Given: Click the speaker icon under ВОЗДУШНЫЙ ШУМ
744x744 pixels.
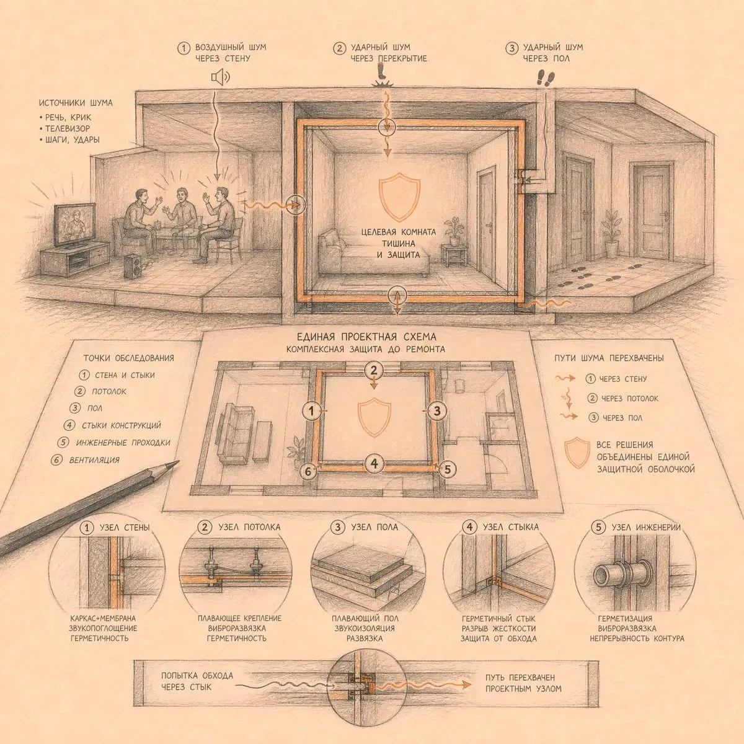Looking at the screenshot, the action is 221,77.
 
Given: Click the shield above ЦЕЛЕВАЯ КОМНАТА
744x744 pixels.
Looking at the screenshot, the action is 399,197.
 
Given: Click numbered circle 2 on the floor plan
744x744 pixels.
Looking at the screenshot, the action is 373,370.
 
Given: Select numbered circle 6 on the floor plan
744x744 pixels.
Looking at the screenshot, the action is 308,471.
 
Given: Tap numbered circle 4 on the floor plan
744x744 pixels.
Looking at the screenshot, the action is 374,463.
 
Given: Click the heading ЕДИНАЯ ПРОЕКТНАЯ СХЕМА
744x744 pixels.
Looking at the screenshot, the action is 367,336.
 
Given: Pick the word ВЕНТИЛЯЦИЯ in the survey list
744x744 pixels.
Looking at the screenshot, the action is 94,460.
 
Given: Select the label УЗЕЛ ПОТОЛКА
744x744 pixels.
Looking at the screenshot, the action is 249,527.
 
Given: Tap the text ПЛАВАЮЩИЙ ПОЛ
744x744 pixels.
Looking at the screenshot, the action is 365,618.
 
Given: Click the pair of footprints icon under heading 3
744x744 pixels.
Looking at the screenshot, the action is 546,77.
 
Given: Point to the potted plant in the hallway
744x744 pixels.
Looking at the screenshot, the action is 612,233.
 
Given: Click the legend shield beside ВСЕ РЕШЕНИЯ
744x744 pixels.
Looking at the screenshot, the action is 578,453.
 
